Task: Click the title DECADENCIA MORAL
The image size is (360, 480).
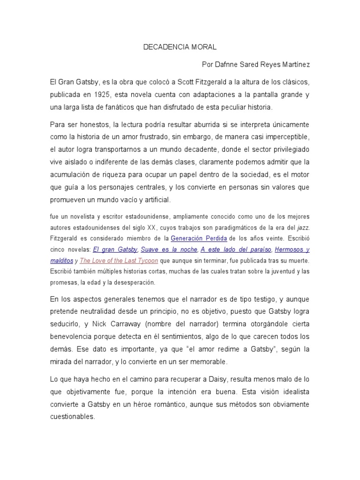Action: point(180,47)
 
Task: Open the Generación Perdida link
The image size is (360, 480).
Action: point(199,238)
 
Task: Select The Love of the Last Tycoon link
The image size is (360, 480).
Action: point(119,261)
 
